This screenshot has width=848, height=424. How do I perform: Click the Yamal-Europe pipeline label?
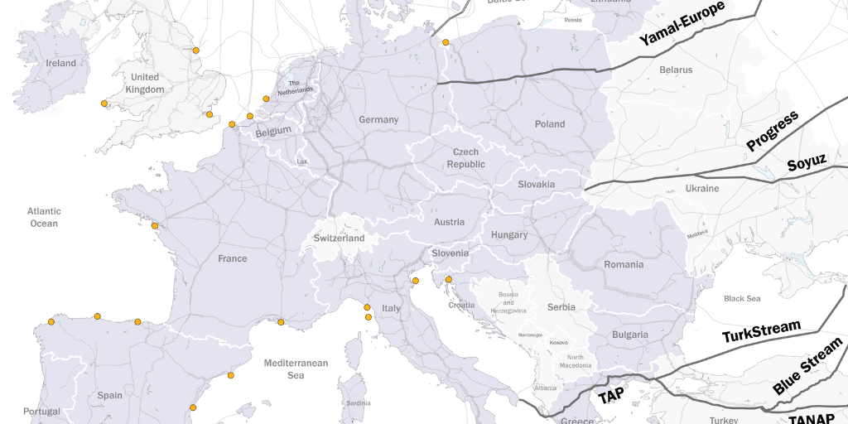(682, 23)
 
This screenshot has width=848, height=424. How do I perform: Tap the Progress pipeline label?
(772, 131)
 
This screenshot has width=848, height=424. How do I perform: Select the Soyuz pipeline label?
(806, 163)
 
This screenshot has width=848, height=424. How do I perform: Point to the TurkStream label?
(761, 331)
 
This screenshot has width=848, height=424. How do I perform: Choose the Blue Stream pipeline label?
(807, 365)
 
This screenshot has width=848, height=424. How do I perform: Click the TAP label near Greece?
(611, 396)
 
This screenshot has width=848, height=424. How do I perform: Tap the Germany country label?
(378, 119)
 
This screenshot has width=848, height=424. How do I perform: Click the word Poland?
(549, 124)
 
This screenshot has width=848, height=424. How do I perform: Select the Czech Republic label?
(466, 158)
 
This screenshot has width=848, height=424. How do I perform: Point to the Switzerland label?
(339, 238)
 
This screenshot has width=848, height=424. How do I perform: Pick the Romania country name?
(624, 265)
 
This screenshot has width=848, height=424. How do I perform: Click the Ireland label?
(61, 63)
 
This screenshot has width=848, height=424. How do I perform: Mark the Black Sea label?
(741, 298)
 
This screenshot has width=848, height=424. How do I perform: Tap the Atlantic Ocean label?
(44, 217)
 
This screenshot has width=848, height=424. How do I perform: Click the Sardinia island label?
(358, 403)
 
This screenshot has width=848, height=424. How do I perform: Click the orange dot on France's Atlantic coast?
(154, 225)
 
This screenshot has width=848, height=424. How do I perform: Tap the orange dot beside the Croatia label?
(448, 279)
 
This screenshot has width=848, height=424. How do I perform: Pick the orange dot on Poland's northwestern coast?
(446, 42)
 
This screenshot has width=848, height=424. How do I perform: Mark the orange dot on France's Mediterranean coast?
(281, 322)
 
